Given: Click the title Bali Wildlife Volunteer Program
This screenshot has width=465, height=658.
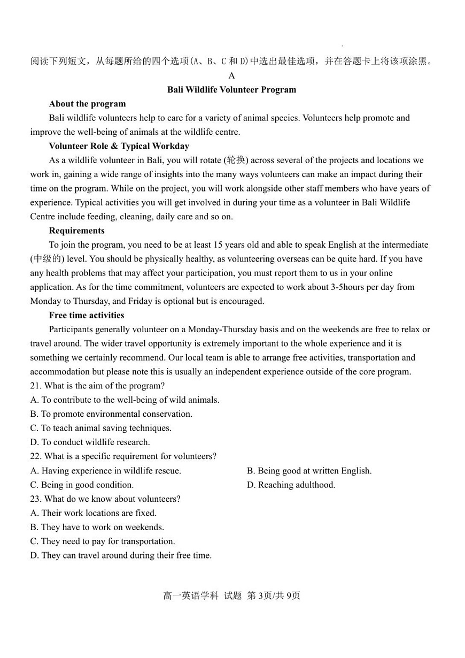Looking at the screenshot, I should click(x=231, y=89).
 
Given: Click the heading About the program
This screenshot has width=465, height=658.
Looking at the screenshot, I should click(x=87, y=104).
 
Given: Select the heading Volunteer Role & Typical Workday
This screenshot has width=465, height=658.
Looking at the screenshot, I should click(x=119, y=146).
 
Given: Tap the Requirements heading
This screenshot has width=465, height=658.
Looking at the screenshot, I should click(x=76, y=231).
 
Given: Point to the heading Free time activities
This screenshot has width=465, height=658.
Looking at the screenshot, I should click(x=86, y=315).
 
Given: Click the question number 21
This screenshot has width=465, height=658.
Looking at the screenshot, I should click(x=35, y=386).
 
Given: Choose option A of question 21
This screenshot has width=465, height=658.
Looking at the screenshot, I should click(x=125, y=400).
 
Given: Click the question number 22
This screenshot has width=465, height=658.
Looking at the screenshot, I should click(x=35, y=456).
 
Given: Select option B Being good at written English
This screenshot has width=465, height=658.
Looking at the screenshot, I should click(x=309, y=471).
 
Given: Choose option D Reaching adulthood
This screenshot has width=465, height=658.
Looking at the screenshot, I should click(x=291, y=485).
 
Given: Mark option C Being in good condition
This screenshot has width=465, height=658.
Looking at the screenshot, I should click(x=82, y=485).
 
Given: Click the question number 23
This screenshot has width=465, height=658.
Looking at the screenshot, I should click(x=35, y=499).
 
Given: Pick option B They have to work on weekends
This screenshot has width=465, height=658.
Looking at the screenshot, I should click(x=97, y=527).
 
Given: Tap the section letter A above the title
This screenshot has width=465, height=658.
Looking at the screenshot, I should click(x=231, y=75).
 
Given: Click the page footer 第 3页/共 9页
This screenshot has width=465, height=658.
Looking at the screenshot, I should click(x=273, y=595).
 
